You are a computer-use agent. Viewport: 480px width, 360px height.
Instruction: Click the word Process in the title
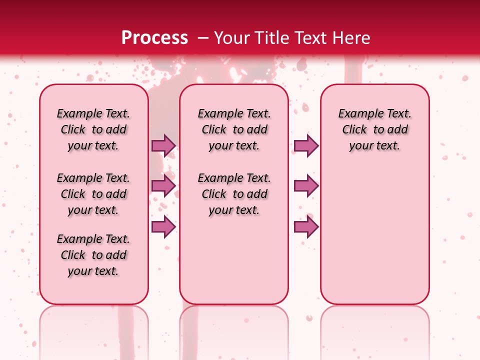(x=154, y=38)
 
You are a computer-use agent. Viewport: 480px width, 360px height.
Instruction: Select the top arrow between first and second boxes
(x=163, y=145)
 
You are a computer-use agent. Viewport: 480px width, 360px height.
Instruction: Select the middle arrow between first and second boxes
(x=163, y=186)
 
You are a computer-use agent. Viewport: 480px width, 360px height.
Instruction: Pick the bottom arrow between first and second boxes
(x=163, y=227)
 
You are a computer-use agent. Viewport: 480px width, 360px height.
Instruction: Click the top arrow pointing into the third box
(x=306, y=145)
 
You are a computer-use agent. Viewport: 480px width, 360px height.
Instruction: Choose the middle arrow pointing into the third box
(x=306, y=186)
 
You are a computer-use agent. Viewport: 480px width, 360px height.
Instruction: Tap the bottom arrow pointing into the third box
(x=306, y=227)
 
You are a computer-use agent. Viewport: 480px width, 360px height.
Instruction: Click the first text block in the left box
(x=93, y=129)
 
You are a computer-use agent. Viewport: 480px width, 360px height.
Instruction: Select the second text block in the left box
(x=93, y=194)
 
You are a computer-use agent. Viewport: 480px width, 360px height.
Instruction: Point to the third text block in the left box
(x=93, y=255)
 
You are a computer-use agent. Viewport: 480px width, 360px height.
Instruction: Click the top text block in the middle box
(x=234, y=129)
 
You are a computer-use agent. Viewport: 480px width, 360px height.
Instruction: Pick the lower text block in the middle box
(x=234, y=194)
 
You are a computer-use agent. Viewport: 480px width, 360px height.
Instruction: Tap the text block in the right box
(x=374, y=129)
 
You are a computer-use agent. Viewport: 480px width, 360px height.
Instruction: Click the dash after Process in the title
(x=203, y=38)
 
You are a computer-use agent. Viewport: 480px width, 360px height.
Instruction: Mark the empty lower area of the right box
(x=374, y=235)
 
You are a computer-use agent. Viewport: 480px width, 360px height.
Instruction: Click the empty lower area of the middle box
(x=234, y=260)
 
